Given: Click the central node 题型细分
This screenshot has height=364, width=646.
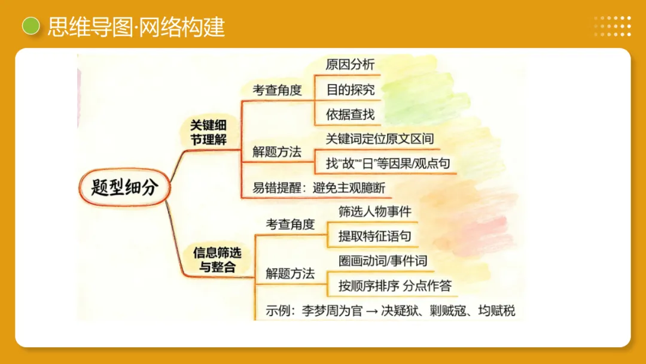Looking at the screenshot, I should tap(124, 187).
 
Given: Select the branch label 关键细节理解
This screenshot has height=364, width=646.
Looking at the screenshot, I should tap(208, 132).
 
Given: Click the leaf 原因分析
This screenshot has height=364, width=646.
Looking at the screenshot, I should tap(351, 64).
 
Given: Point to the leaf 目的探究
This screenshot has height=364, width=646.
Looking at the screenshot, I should tap(351, 90).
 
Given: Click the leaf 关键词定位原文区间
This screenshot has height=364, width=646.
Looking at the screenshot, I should tap(380, 139).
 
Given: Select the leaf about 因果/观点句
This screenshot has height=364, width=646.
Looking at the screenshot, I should tap(388, 163).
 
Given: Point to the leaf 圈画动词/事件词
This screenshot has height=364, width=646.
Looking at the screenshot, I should tap(383, 261).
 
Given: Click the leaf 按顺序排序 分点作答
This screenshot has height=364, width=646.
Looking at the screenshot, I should tap(395, 286).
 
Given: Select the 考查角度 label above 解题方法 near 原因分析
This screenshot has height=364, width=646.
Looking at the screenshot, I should tap(277, 90).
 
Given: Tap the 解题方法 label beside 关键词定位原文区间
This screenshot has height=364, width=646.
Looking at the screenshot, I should tap(277, 152).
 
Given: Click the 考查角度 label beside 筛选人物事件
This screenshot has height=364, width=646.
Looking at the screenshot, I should tap(290, 225).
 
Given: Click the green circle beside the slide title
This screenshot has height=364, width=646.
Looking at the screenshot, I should tap(31, 26).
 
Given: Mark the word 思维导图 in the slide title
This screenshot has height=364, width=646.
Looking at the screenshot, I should tap(90, 27).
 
